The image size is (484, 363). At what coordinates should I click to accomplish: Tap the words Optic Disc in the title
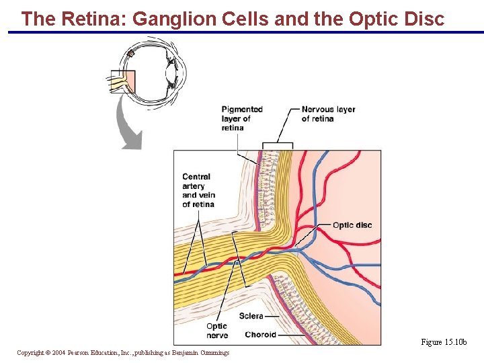pyautogui.click(x=397, y=19)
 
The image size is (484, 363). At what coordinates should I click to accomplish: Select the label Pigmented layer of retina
pyautogui.click(x=242, y=119)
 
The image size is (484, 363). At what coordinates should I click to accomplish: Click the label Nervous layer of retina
pyautogui.click(x=328, y=114)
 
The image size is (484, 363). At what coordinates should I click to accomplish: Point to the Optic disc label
pyautogui.click(x=352, y=225)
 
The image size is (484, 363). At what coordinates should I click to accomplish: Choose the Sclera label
pyautogui.click(x=251, y=315)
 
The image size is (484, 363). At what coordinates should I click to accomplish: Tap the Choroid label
pyautogui.click(x=260, y=334)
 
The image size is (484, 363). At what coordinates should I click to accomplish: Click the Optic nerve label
pyautogui.click(x=217, y=331)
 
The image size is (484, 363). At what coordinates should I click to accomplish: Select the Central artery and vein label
pyautogui.click(x=198, y=190)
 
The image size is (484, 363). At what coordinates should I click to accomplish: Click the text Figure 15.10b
pyautogui.click(x=448, y=342)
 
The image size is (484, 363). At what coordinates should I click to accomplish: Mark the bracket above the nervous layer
pyautogui.click(x=278, y=145)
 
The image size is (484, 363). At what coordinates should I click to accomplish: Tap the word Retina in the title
pyautogui.click(x=93, y=19)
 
